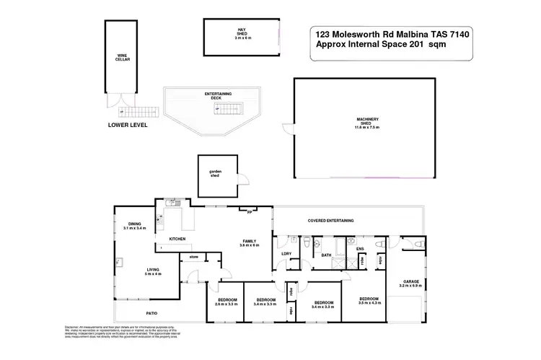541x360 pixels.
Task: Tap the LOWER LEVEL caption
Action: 128,125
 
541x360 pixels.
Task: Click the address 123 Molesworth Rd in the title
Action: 344,33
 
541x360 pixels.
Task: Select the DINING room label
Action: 134,224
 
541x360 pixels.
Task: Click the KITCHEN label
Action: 178,238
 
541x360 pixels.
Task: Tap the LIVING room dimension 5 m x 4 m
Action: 151,273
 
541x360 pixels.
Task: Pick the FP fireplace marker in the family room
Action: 248,212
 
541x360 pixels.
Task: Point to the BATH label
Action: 326,255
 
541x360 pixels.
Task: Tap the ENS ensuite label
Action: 359,250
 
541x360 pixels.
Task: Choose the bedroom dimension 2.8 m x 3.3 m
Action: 227,304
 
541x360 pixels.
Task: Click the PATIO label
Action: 151,313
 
